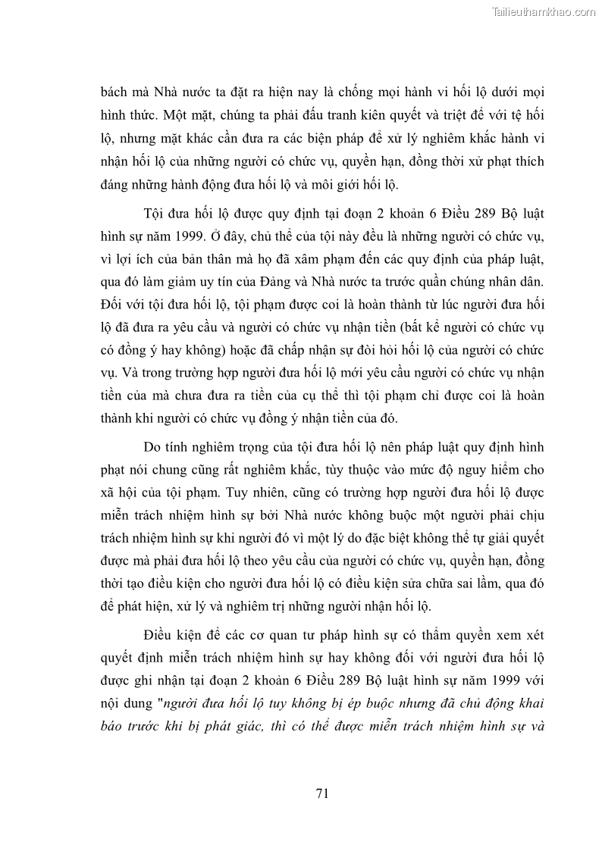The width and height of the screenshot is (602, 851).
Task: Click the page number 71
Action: point(321,794)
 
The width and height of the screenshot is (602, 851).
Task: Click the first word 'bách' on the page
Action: point(114,92)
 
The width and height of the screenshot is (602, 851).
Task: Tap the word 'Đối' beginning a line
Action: point(113,307)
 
